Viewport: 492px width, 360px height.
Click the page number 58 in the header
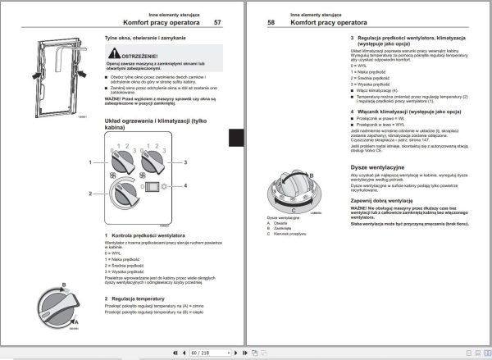point(272,24)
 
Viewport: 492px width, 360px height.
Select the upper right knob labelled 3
point(153,163)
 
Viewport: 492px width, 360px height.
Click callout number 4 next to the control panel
point(187,186)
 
